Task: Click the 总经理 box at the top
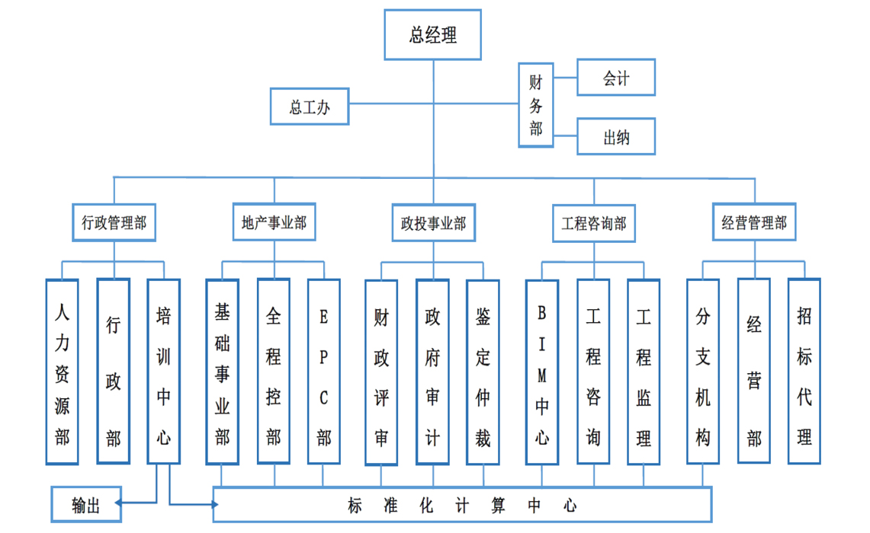[432, 35]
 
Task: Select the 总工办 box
[310, 107]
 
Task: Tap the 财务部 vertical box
[536, 105]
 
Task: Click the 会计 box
[616, 78]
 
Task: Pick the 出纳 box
[616, 137]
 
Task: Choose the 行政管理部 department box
[114, 222]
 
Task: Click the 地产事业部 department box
[274, 222]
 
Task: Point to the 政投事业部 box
[433, 223]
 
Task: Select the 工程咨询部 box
[593, 223]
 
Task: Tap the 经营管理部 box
[753, 222]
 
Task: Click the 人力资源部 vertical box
[62, 372]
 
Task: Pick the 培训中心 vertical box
[163, 372]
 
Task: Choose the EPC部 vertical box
[324, 372]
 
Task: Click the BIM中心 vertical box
[542, 372]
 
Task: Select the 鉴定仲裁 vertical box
[483, 372]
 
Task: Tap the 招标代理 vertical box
[804, 372]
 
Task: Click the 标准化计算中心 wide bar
[462, 505]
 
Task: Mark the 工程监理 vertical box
[644, 372]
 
